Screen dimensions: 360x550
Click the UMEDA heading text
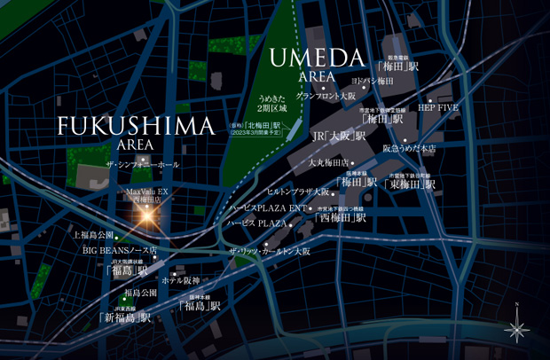(317, 59)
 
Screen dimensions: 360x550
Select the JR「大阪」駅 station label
(339, 137)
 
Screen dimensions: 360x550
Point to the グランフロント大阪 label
(326, 95)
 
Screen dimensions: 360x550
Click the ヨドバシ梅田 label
(372, 81)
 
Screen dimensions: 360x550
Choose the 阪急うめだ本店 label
(409, 148)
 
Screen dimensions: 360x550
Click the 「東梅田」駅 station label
(411, 184)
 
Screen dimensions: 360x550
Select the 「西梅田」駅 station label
(341, 216)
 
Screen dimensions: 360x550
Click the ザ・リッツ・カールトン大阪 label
(270, 252)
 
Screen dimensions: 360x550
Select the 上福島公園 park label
(93, 235)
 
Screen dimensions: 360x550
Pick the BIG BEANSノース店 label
(121, 251)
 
